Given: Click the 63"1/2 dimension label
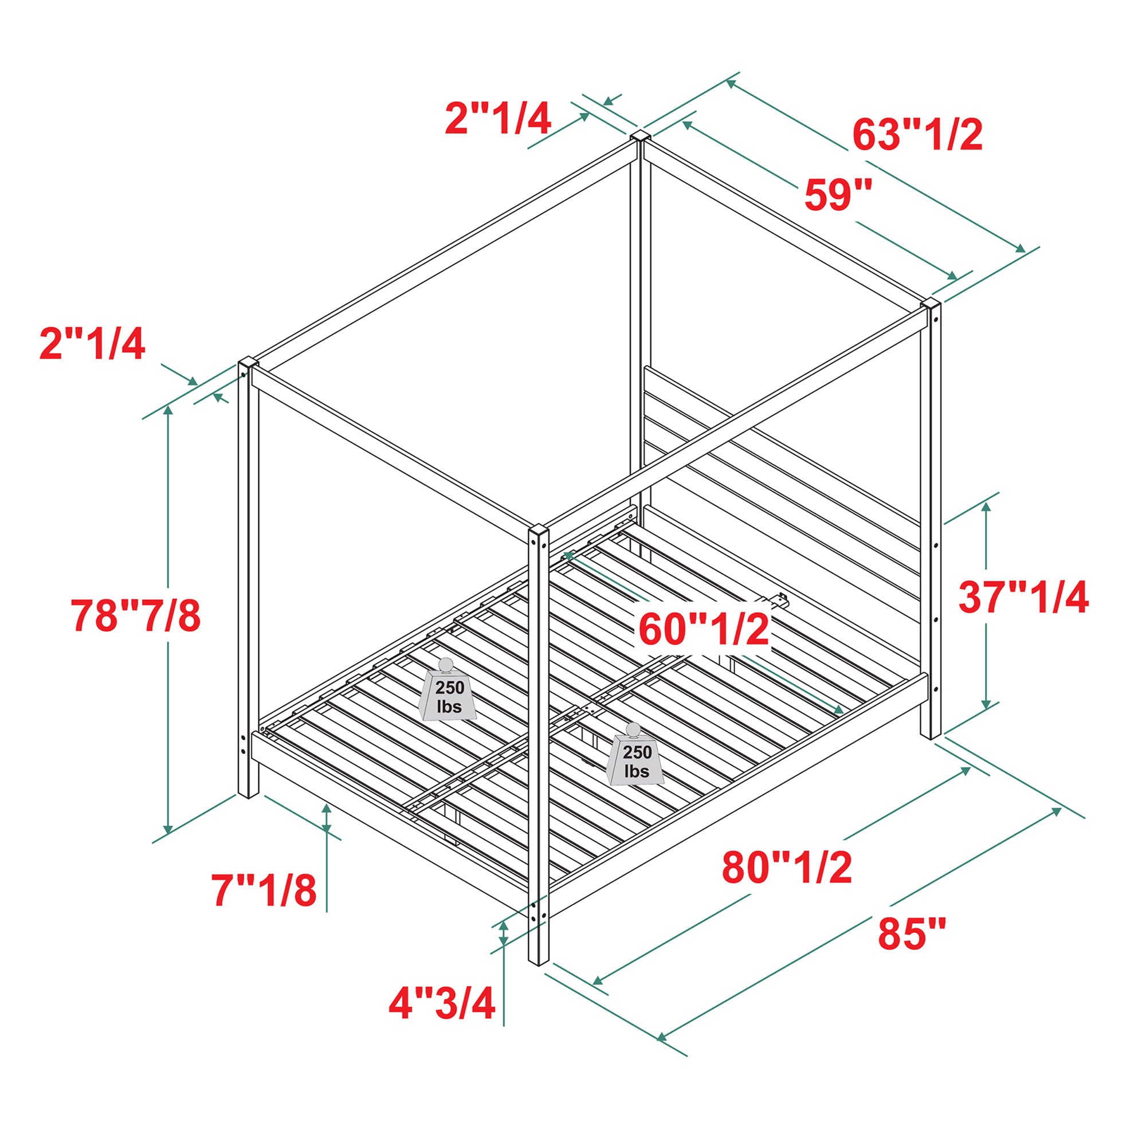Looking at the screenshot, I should point(917,135).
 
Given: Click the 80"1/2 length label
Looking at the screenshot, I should point(787,866).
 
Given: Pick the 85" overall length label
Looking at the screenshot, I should point(912,933).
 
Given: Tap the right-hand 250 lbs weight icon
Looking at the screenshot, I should point(637,755).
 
